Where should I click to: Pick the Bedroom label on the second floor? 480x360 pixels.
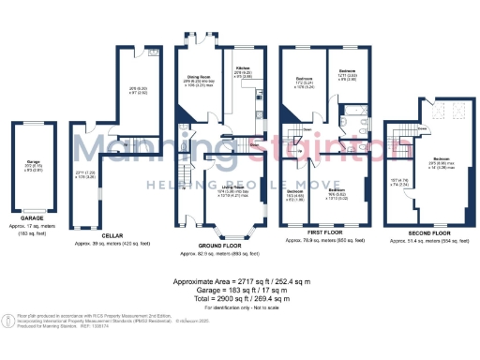click(x=432, y=158)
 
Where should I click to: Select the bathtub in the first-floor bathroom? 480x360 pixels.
click(x=352, y=125)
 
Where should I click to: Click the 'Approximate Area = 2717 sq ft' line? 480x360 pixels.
click(x=240, y=280)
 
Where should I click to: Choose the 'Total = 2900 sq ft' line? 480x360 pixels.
click(x=240, y=297)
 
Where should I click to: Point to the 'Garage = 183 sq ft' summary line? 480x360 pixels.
click(x=240, y=289)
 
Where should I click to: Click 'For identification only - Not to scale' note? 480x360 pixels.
click(x=240, y=307)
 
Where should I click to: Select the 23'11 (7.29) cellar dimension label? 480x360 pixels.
click(x=85, y=172)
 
